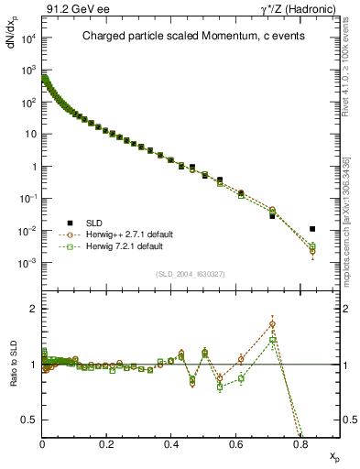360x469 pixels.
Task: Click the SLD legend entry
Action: (x=84, y=222)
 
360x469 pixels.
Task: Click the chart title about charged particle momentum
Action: (x=179, y=38)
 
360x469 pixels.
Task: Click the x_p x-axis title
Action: (x=330, y=455)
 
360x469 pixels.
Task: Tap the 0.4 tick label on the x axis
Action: (x=171, y=444)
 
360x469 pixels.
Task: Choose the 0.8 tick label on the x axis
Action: (x=300, y=444)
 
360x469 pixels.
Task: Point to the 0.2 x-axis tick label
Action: (x=107, y=444)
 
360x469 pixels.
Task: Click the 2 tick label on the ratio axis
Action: (x=34, y=309)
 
